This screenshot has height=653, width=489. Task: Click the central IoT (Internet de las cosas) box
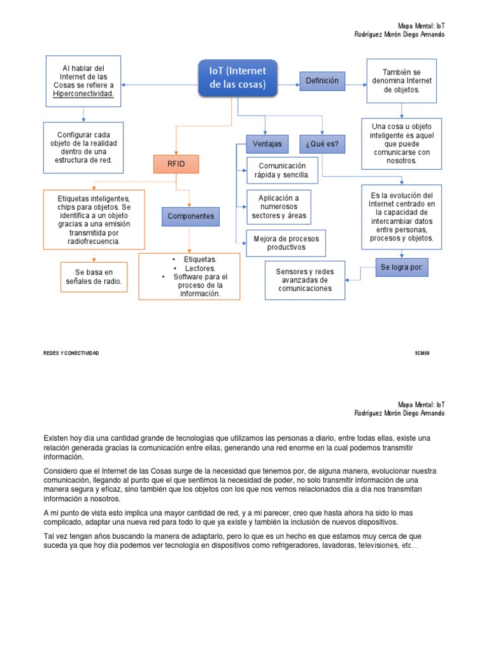coord(238,77)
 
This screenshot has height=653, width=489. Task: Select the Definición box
coord(322,81)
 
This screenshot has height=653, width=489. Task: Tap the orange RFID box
coord(175,164)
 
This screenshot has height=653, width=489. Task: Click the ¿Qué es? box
coord(322,144)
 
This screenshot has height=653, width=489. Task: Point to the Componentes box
coord(191,217)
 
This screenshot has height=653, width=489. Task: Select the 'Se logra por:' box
coord(402,268)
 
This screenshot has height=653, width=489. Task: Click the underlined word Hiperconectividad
coord(83,94)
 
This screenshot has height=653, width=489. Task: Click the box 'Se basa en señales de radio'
coord(94,277)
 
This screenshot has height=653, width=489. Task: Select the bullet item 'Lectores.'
coord(200,268)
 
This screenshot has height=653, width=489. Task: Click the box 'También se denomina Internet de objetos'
coord(402,81)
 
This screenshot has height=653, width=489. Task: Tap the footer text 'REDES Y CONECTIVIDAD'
coord(71,353)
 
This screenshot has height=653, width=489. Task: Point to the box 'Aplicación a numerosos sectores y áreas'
coord(279,207)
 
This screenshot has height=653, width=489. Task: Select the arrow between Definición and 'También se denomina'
coord(356,82)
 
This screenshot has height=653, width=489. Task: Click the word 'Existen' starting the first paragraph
coord(56,437)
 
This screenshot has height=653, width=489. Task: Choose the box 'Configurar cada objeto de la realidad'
coord(83,148)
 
